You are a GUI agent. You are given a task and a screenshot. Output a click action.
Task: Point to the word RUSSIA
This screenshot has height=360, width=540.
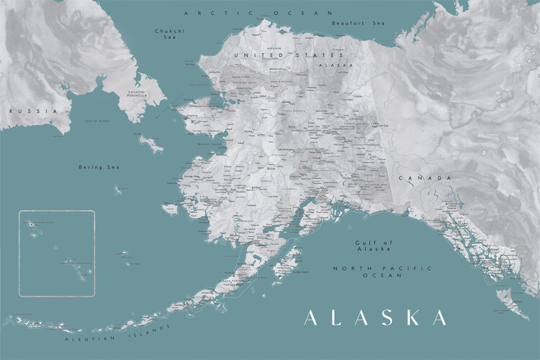(x=23, y=112)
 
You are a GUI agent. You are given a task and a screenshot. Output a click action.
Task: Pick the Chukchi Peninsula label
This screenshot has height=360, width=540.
(x=137, y=94)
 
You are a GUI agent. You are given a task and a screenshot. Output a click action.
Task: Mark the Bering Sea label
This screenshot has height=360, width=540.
(x=99, y=167)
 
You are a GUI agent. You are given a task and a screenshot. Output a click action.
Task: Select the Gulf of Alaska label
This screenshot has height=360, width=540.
(x=373, y=246)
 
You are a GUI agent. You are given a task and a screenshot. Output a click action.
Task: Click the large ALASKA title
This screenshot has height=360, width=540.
(x=375, y=318)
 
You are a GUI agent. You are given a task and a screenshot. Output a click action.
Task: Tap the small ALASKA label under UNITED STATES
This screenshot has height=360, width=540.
(x=339, y=65)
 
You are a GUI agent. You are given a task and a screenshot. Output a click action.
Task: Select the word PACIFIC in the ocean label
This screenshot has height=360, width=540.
(x=374, y=268)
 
